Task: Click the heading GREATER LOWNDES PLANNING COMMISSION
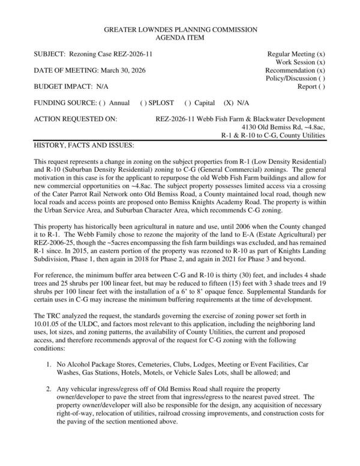point(181,29)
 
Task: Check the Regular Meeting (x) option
point(296,54)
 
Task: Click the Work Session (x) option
point(301,62)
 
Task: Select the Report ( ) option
point(311,86)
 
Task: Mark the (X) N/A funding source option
point(237,103)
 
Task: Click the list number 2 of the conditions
point(49,389)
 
